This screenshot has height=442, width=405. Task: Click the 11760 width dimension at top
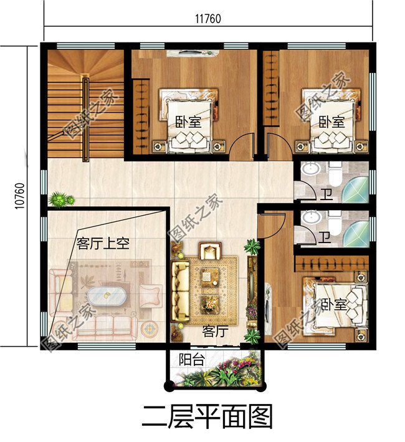[x=208, y=19]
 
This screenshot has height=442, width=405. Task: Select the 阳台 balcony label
[x=189, y=359]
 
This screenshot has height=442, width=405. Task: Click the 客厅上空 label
[x=102, y=243]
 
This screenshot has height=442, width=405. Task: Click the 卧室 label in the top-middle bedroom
[x=187, y=122]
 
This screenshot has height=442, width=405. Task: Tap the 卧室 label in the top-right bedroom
[x=331, y=122]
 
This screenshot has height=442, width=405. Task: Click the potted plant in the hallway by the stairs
[x=60, y=199]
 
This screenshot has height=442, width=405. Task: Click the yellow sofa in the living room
[x=181, y=292]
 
